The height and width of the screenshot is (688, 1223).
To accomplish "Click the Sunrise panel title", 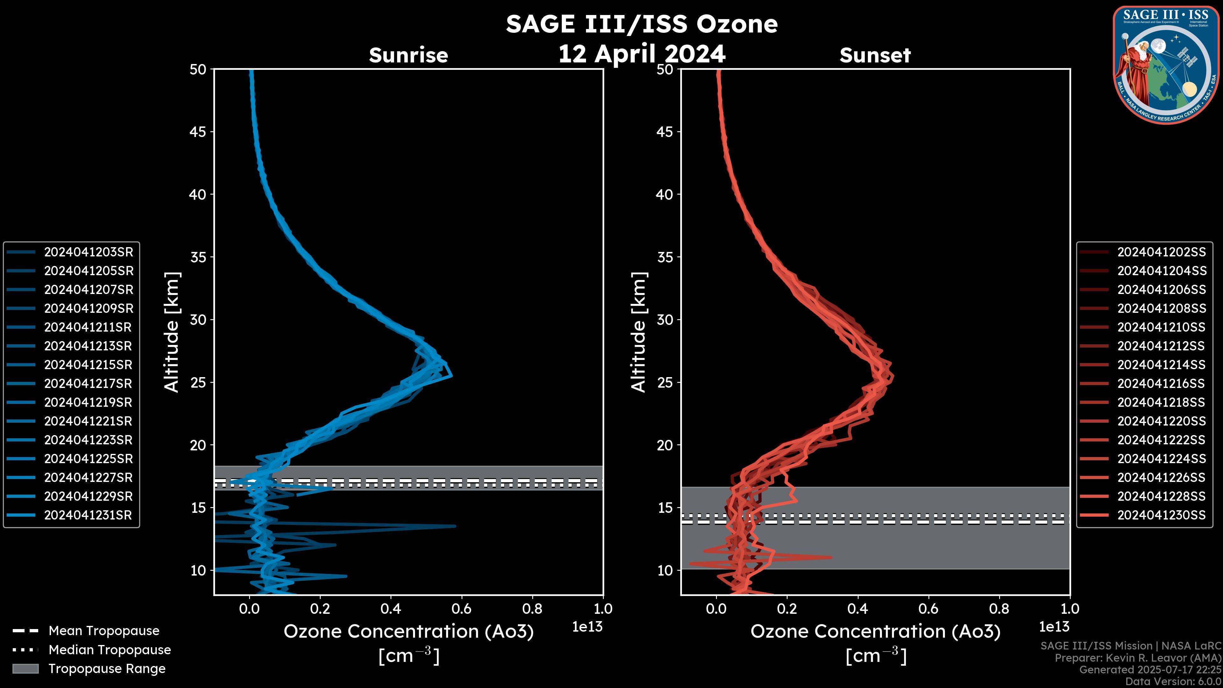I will pos(408,55).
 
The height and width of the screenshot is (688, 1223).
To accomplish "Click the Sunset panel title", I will pos(875,55).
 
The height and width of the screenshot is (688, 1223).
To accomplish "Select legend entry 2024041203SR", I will pos(88,252).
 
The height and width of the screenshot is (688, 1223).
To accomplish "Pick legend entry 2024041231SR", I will pos(88,515).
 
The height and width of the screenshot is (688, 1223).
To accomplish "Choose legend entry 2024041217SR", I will pos(88,383).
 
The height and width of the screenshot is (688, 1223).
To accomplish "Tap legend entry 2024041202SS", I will pos(1161,252).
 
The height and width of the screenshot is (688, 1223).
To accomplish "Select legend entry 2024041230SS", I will pos(1161,515).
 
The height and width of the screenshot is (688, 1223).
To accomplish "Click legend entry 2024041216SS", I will pos(1161,383).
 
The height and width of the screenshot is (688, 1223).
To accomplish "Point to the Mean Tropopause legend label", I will pos(104,631).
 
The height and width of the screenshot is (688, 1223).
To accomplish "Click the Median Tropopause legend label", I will pos(110,650).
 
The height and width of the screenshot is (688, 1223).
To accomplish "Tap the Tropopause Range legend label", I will pos(107,669).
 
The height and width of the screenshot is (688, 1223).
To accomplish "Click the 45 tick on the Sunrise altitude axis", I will pos(198,132).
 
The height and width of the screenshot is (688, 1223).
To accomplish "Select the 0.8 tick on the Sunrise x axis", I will pos(532,609).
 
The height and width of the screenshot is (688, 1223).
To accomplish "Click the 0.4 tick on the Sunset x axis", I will pos(857,609).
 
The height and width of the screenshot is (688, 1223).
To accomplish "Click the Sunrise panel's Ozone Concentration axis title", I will pos(408,632).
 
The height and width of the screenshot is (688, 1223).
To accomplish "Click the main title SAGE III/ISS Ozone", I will pos(641,24).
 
